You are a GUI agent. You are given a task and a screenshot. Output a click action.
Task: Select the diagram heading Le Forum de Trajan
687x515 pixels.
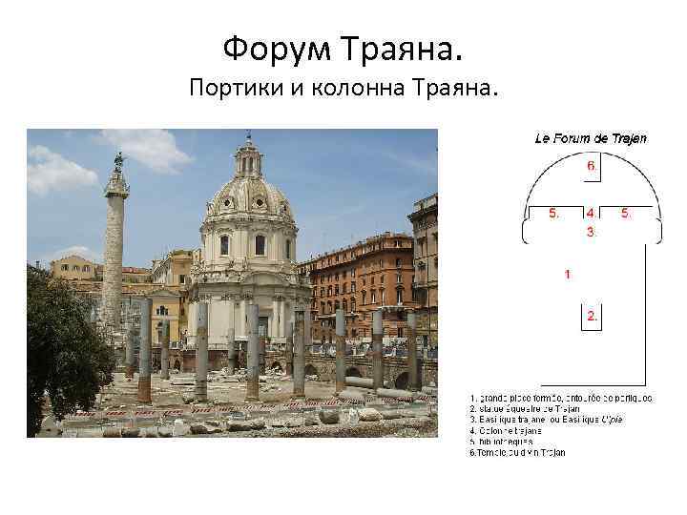[x=590, y=138]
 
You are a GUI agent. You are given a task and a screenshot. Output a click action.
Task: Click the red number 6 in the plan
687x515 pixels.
[x=591, y=165]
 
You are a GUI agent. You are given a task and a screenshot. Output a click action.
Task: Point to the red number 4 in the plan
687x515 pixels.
[x=591, y=213]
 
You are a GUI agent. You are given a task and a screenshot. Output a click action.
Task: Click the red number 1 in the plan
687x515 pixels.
[x=568, y=274]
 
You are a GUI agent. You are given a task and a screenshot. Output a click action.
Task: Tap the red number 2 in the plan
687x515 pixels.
[x=592, y=316]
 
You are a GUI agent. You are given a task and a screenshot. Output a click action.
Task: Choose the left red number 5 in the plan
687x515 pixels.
[x=553, y=213]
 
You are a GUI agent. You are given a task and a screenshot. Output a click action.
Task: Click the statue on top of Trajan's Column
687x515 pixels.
[x=118, y=161]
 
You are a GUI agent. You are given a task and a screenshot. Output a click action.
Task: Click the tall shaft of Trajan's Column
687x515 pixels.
[x=114, y=248]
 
